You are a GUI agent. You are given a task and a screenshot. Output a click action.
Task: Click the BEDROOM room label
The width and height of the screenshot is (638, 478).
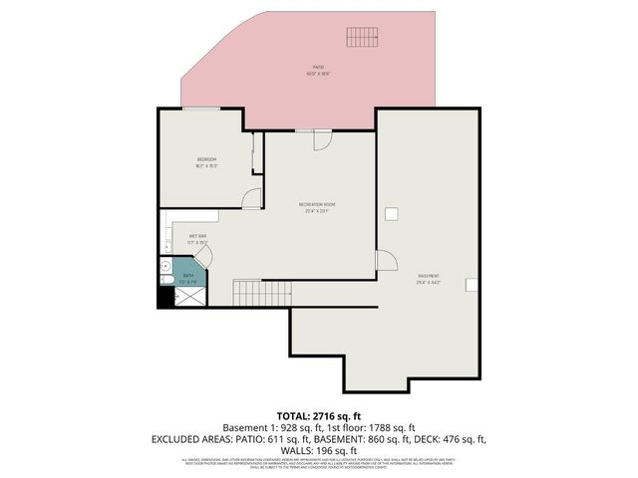[206, 159]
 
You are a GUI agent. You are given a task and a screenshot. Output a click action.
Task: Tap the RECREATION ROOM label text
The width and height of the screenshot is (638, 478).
[317, 205]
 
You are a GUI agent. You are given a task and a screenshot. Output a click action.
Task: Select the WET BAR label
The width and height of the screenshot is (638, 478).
[197, 236]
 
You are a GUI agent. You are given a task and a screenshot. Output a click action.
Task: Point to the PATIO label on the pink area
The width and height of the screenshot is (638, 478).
[317, 68]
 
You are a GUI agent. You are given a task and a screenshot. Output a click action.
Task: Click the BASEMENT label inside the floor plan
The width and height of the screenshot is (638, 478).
[429, 276]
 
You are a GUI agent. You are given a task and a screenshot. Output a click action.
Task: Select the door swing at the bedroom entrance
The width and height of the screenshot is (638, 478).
[252, 197]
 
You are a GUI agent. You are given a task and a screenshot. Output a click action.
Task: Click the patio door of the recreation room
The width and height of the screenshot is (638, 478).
[322, 140]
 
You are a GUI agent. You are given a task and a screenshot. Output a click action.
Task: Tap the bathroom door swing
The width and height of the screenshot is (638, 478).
[201, 258]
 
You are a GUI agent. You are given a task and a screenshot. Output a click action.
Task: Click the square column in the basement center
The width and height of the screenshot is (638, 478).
[392, 213]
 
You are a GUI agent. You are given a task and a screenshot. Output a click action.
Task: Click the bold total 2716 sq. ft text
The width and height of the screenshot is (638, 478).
[319, 414]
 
